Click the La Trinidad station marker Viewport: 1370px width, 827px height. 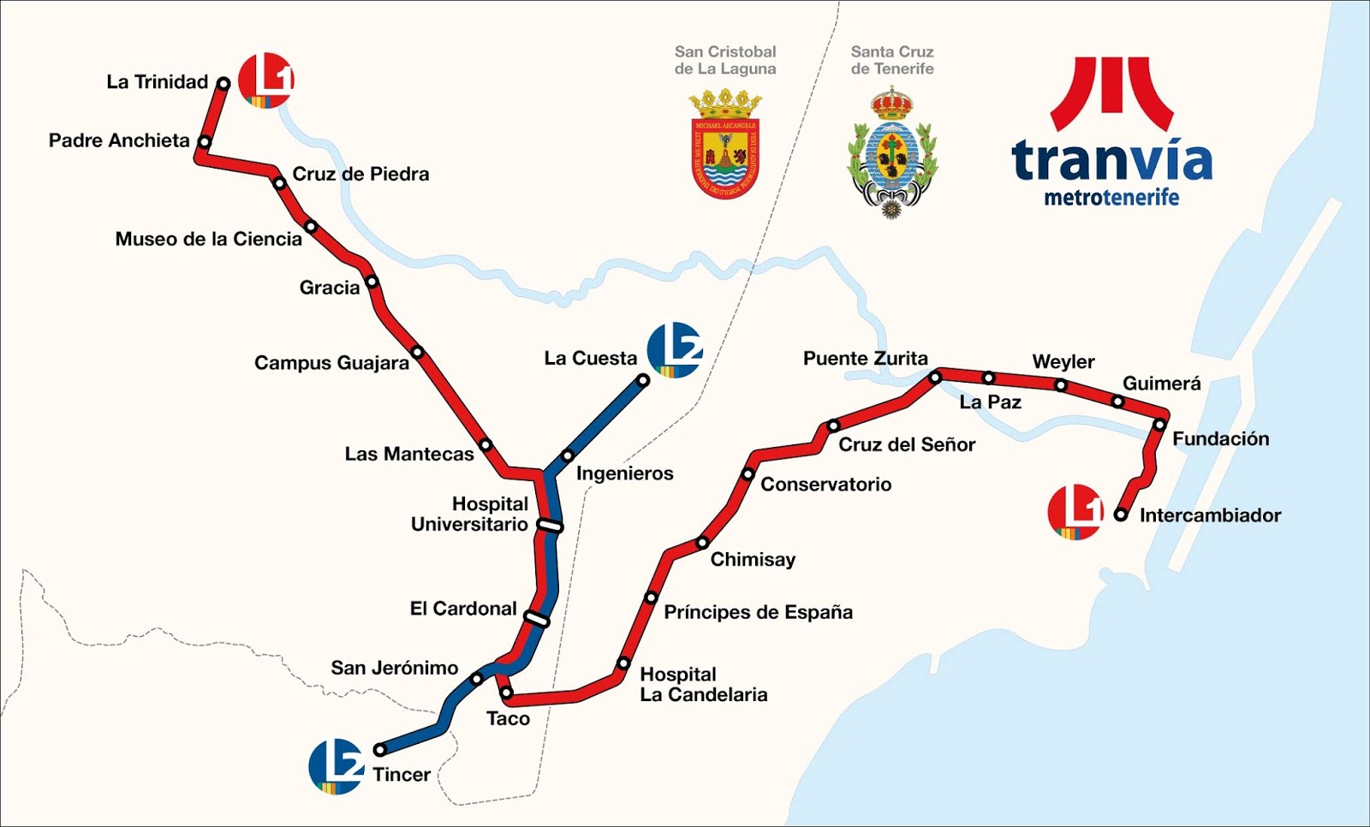point(223,83)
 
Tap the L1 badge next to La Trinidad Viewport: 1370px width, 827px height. point(266,80)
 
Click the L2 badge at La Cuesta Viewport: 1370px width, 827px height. point(675,349)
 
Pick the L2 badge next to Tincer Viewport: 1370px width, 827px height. point(337,766)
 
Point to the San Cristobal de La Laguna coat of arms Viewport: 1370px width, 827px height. point(725,146)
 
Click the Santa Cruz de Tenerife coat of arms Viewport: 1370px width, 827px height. point(892,152)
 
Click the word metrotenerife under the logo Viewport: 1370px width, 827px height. point(1111,198)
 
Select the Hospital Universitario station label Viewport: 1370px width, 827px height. point(469,514)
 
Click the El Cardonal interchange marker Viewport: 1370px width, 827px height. point(537,618)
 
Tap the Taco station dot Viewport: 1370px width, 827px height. point(505,692)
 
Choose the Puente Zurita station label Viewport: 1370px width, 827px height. point(865,358)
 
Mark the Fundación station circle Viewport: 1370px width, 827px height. point(1159,425)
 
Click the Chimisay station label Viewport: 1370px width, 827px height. point(753,559)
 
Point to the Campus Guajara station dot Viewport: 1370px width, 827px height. point(417,352)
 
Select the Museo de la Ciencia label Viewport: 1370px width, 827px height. point(208,239)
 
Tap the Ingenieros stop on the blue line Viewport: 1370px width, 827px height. point(567,455)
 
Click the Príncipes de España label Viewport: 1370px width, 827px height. point(758,612)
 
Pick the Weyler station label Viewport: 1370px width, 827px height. point(1063,361)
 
